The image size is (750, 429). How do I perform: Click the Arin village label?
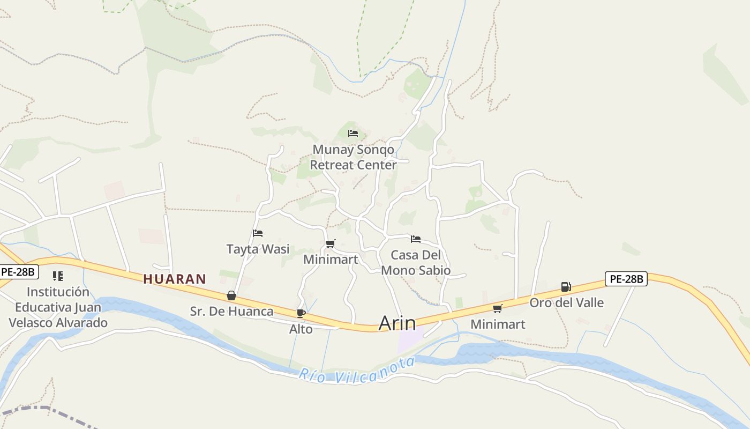pos(397,323)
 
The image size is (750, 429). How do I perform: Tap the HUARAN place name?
pos(175,279)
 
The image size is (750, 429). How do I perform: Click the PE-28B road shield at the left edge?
pos(18,272)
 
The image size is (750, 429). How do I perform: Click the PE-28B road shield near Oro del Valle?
pos(626,279)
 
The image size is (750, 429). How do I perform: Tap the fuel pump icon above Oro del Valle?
pos(566,287)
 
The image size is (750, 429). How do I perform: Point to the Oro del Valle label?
pos(566,302)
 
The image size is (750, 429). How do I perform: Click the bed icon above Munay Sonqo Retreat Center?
pos(352,134)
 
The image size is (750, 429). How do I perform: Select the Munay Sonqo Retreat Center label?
pos(353,157)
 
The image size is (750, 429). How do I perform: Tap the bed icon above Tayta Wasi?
pos(258,233)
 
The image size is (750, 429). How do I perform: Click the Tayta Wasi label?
pos(258,249)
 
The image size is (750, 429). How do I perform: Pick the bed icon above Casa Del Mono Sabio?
pos(416,239)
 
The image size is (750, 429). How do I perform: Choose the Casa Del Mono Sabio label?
pos(416,262)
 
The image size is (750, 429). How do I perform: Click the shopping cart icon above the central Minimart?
pos(330,244)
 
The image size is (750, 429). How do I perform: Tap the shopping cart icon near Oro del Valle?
pos(498,308)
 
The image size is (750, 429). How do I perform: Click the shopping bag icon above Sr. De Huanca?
pos(231,295)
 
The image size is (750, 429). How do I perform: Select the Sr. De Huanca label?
pos(231,311)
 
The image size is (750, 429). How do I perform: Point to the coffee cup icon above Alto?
pos(301,313)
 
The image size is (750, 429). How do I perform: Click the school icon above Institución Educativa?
pos(58,276)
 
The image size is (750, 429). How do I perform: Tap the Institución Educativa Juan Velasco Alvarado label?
pos(58,307)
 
